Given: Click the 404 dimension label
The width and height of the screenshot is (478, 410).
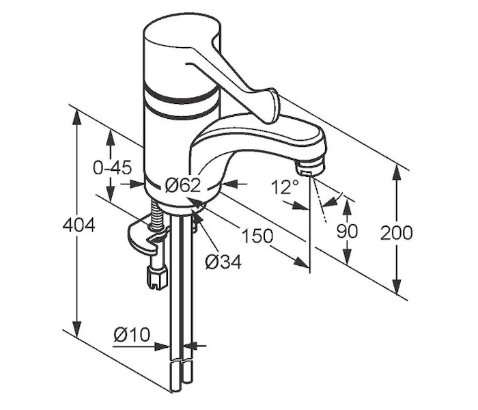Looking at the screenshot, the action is tap(79, 226).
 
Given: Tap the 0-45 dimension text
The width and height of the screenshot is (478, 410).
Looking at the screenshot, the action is tap(112, 168).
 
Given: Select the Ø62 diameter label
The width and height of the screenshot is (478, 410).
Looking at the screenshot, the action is tap(183, 185).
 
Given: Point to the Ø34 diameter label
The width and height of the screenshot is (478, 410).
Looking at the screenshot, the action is tap(223, 262).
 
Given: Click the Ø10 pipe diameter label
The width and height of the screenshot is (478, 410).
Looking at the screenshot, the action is tap(132, 335).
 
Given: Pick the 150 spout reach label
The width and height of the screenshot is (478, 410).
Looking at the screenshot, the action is tap(257, 236).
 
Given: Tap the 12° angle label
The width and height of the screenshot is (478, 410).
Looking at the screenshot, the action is tap(285, 187).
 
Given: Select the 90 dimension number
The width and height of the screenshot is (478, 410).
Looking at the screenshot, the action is tap(347, 231).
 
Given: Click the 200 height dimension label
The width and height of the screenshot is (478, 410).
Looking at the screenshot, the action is tap(396, 233).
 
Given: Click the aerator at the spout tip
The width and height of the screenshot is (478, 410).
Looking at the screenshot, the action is tap(309, 169).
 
